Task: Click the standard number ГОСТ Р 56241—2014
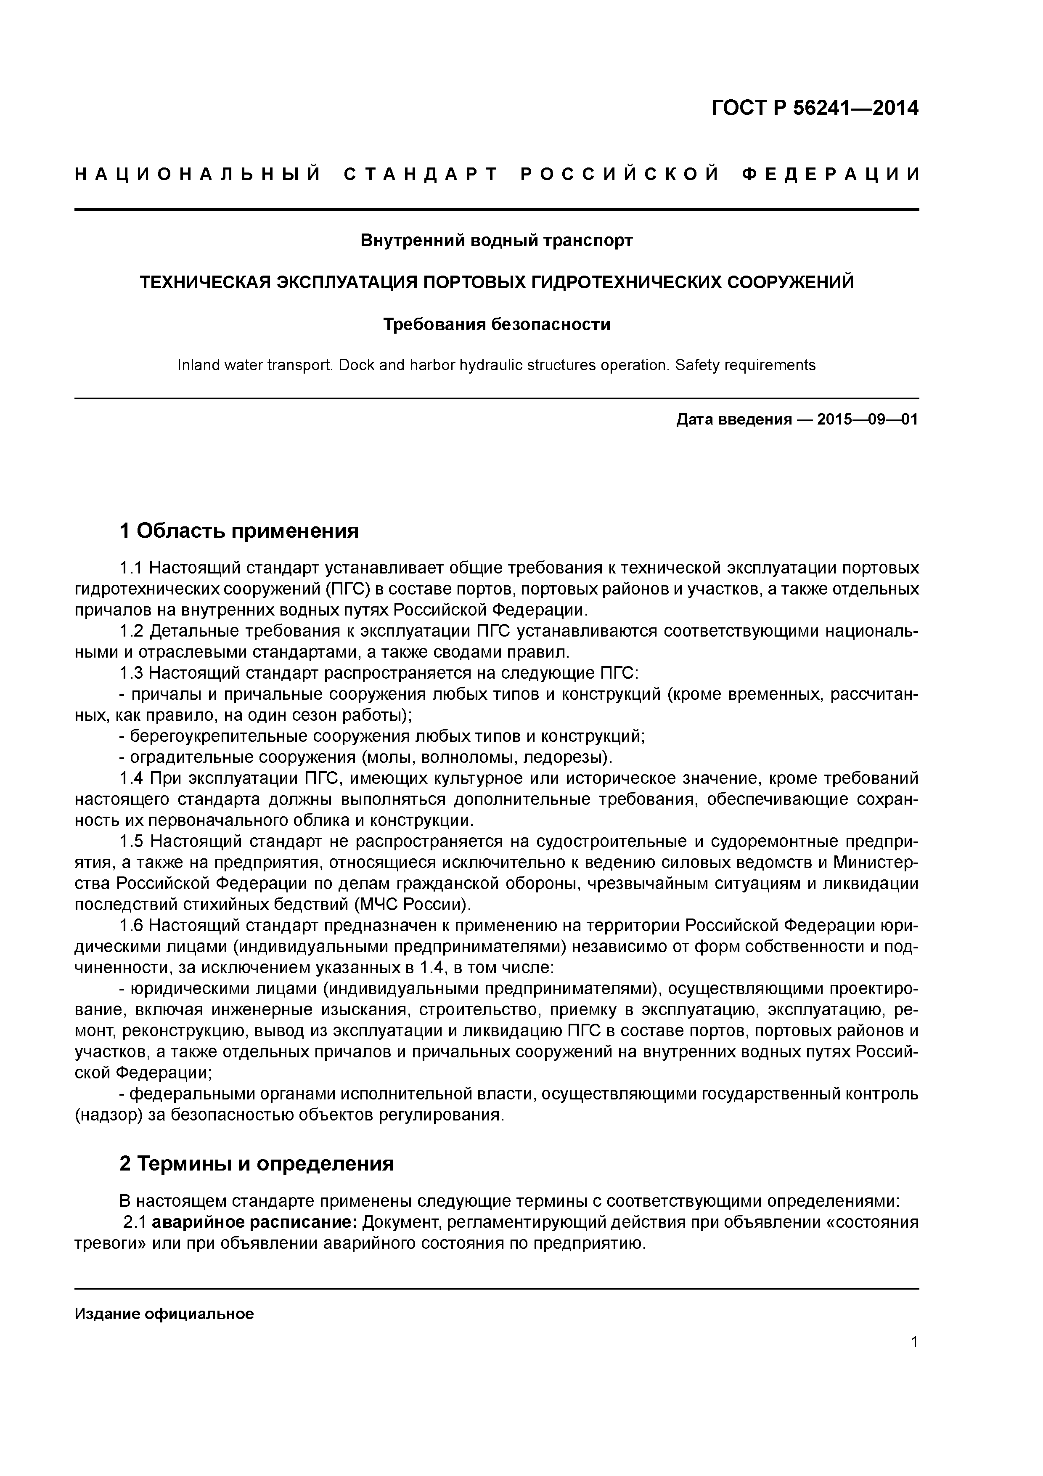pos(815,108)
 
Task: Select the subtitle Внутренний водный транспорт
pos(496,240)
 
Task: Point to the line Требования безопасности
pos(496,325)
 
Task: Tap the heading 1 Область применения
pos(238,531)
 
